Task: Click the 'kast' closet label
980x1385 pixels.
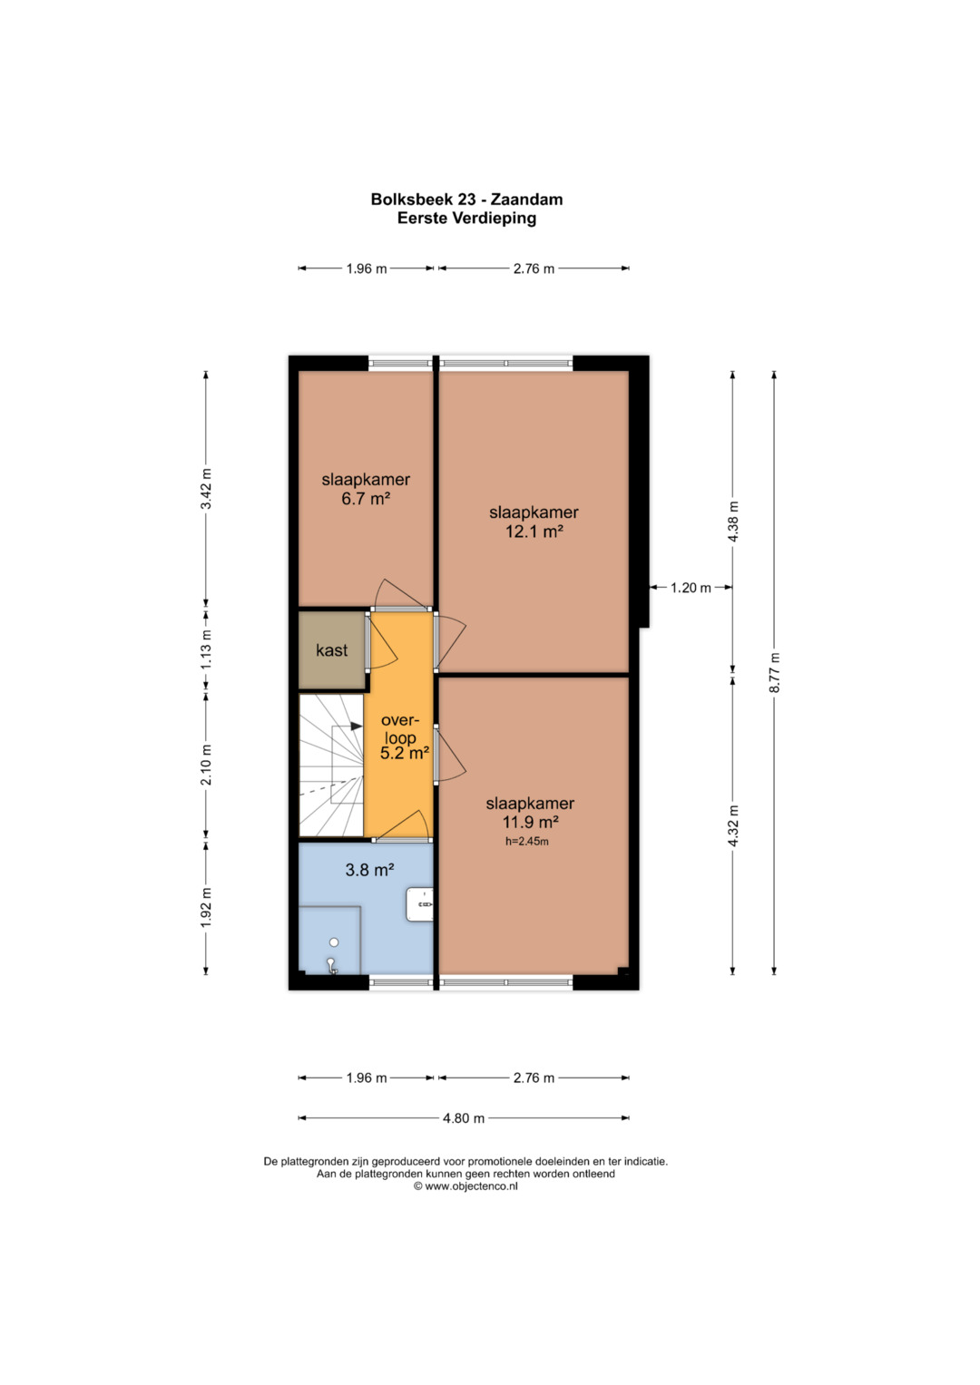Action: click(x=331, y=649)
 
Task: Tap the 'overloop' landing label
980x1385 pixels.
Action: click(x=399, y=729)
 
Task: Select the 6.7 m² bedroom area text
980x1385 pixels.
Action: click(x=366, y=498)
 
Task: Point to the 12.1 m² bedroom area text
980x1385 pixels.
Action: click(x=534, y=531)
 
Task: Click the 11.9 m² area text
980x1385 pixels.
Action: click(x=530, y=822)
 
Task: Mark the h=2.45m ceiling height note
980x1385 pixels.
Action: click(x=526, y=842)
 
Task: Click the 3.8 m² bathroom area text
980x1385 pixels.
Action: click(x=369, y=870)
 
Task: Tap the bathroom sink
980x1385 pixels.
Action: click(x=419, y=904)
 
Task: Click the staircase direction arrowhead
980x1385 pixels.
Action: click(x=357, y=726)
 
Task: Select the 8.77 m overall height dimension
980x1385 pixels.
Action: click(x=774, y=673)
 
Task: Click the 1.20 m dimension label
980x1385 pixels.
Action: click(x=691, y=588)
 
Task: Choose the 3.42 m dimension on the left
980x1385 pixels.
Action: click(x=206, y=489)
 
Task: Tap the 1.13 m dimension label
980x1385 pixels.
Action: click(x=206, y=649)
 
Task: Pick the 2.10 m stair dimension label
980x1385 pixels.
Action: click(x=206, y=765)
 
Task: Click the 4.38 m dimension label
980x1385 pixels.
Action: click(x=732, y=522)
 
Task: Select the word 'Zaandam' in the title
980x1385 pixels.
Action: click(x=527, y=200)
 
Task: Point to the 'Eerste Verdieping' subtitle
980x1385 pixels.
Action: click(x=466, y=219)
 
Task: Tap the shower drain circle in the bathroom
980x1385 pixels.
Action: click(x=334, y=941)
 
